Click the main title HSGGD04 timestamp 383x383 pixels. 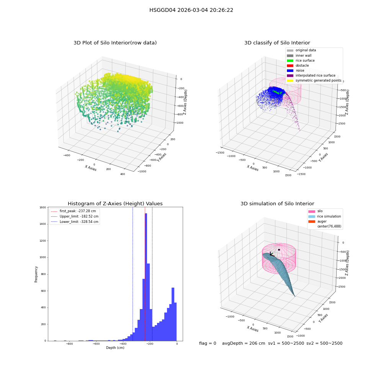[191, 10]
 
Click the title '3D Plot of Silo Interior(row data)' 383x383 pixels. [115, 43]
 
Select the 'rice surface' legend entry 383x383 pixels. [301, 61]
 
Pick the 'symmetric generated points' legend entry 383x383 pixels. [314, 80]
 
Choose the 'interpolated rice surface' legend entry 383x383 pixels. [311, 75]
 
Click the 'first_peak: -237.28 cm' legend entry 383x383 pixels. [74, 211]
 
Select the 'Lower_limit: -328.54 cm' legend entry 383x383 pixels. [75, 222]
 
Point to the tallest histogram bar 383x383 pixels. [146, 277]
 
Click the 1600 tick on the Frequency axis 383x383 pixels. [43, 207]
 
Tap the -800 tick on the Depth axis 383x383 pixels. [69, 344]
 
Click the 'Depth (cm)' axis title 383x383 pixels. [115, 348]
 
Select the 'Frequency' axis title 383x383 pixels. [36, 274]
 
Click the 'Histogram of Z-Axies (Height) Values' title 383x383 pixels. [115, 204]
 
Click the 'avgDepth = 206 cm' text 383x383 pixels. [244, 343]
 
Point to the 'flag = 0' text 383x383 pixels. [208, 343]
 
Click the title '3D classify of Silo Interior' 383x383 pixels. [277, 43]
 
